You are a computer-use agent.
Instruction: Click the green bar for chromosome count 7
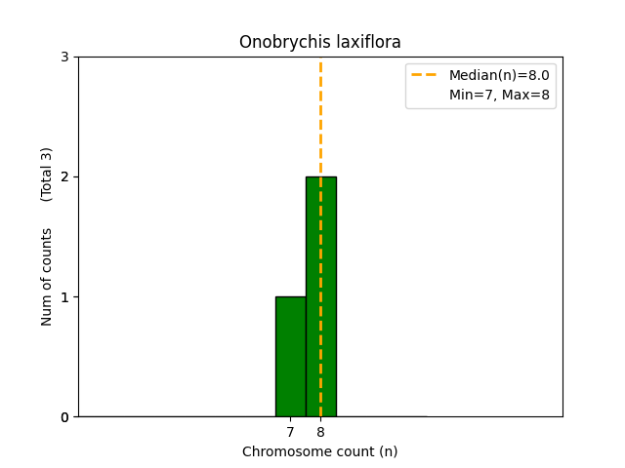pyautogui.click(x=290, y=357)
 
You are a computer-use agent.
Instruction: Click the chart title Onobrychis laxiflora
pyautogui.click(x=320, y=42)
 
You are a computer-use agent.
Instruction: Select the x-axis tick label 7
pyautogui.click(x=290, y=432)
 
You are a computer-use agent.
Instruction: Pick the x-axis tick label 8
pyautogui.click(x=320, y=432)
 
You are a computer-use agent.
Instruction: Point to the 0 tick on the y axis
pyautogui.click(x=64, y=417)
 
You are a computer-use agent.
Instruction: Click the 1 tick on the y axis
pyautogui.click(x=64, y=297)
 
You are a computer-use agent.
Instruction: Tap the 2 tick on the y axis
pyautogui.click(x=64, y=177)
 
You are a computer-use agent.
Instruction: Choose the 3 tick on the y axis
pyautogui.click(x=64, y=58)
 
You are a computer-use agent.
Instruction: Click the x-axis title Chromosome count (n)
pyautogui.click(x=320, y=451)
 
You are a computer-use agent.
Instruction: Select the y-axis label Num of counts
pyautogui.click(x=47, y=277)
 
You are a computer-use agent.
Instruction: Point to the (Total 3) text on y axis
pyautogui.click(x=47, y=175)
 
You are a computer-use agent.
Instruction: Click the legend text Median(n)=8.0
pyautogui.click(x=499, y=75)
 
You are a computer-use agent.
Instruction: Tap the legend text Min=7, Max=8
pyautogui.click(x=499, y=95)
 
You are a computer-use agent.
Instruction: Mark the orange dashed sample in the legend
pyautogui.click(x=426, y=75)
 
